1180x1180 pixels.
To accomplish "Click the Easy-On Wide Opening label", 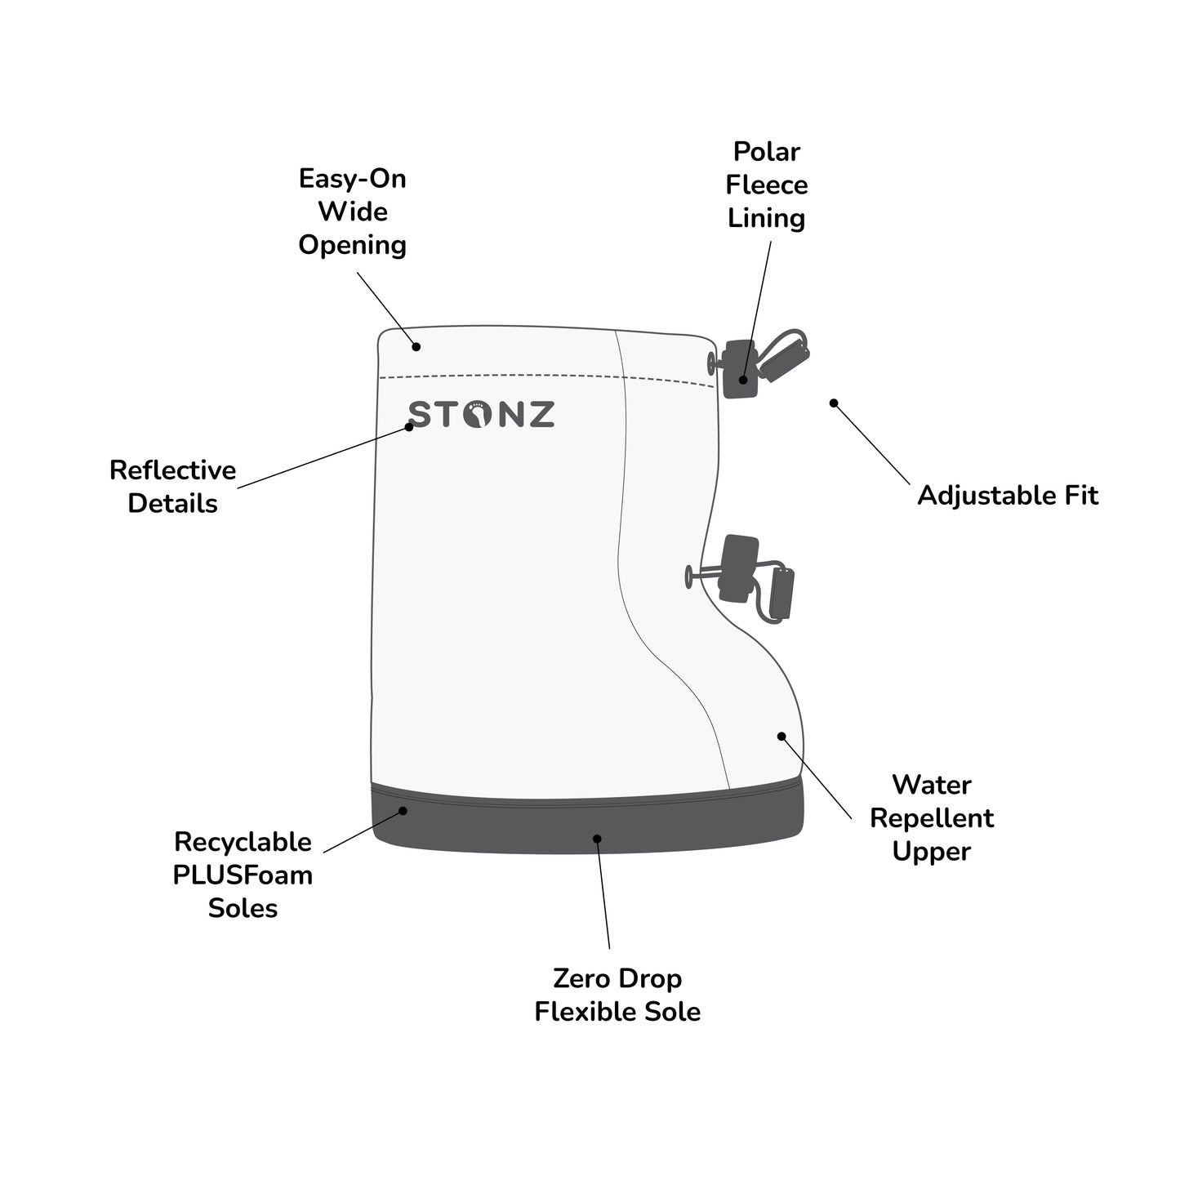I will pyautogui.click(x=352, y=212).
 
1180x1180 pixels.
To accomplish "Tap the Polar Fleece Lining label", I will pyautogui.click(x=767, y=185).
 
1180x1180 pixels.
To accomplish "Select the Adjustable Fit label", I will pyautogui.click(x=1008, y=496).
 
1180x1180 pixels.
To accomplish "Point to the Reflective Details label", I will pyautogui.click(x=173, y=487).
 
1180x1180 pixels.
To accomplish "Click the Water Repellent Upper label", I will pyautogui.click(x=932, y=818).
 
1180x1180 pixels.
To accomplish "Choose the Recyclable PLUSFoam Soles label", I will pyautogui.click(x=243, y=875).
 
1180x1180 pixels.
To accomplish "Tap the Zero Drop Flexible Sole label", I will pyautogui.click(x=617, y=995).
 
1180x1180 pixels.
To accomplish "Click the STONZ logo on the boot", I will pyautogui.click(x=482, y=415).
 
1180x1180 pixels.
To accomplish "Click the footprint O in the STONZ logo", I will pyautogui.click(x=477, y=416).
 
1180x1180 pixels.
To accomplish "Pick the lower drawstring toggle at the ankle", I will pyautogui.click(x=740, y=568).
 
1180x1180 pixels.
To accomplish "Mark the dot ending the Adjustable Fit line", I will pyautogui.click(x=834, y=403).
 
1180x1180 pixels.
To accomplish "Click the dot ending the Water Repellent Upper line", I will pyautogui.click(x=781, y=736).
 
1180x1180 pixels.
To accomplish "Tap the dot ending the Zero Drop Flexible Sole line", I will pyautogui.click(x=597, y=839).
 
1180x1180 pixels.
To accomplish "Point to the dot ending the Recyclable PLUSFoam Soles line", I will pyautogui.click(x=403, y=811).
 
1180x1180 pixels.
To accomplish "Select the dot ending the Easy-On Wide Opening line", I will pyautogui.click(x=416, y=347).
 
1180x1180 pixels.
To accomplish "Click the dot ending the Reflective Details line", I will pyautogui.click(x=410, y=426).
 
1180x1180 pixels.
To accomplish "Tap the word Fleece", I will pyautogui.click(x=767, y=185).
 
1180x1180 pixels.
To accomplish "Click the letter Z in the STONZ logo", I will pyautogui.click(x=540, y=415).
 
